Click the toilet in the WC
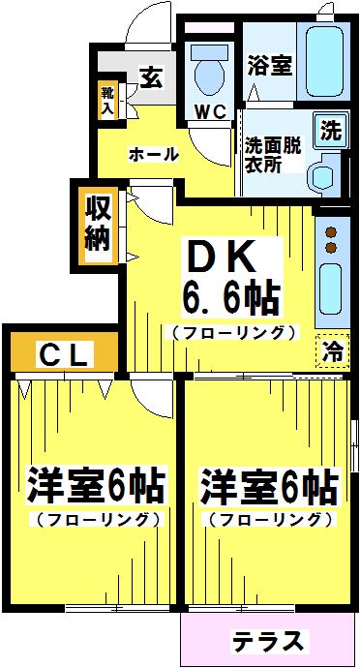[x=208, y=69]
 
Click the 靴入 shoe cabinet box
[x=106, y=102]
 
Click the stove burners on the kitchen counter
[x=330, y=240]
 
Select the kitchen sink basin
[x=330, y=291]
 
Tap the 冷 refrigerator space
[x=331, y=349]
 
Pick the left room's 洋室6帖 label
[x=94, y=483]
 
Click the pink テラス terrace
[x=268, y=640]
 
